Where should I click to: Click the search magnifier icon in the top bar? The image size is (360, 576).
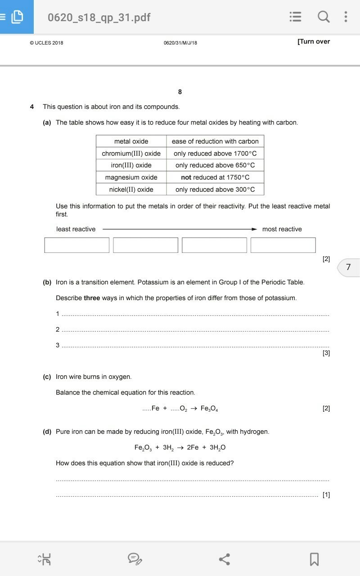(324, 17)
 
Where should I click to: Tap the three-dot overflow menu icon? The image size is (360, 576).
(346, 17)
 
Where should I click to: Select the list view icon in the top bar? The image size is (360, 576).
(295, 17)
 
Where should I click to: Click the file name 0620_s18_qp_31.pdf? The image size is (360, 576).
(99, 17)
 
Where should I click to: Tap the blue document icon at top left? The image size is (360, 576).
(17, 17)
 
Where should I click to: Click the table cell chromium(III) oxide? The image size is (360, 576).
(131, 153)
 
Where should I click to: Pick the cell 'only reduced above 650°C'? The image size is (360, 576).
(215, 165)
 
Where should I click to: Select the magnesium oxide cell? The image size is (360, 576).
(131, 177)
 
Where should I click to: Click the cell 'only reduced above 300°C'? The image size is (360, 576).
(215, 189)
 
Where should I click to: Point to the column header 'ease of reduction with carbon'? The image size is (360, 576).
(215, 141)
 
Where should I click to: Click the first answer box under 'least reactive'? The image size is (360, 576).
(77, 245)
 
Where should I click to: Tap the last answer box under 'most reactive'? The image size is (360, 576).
(283, 245)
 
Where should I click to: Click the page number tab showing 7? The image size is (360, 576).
(348, 267)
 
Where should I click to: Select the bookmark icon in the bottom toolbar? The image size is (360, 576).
(315, 559)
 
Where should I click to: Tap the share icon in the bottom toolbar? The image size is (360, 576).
(225, 559)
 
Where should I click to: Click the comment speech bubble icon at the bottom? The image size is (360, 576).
(135, 559)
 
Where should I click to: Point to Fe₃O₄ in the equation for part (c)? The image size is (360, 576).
(209, 409)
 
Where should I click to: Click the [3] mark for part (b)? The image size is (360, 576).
(326, 353)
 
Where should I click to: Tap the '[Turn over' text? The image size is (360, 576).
(314, 41)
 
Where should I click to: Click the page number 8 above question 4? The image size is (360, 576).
(180, 92)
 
